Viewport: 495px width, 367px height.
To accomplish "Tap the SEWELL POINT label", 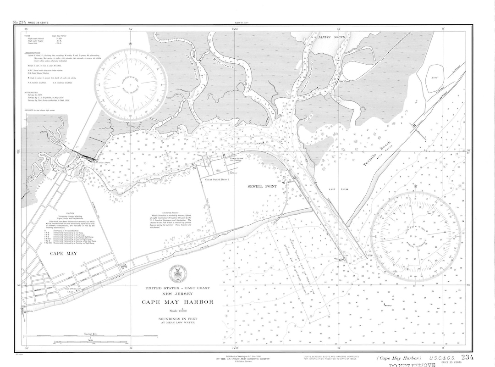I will point(260,187).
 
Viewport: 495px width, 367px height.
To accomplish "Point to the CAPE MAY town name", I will point(64,253).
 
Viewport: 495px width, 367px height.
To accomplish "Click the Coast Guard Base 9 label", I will point(220,179).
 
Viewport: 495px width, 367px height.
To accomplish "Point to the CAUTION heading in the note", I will point(70,213).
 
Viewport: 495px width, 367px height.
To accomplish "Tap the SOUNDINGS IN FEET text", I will point(176,318).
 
